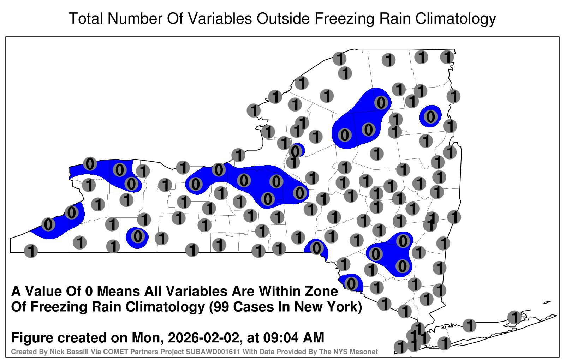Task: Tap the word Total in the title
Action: click(86, 19)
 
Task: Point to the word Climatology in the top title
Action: click(456, 19)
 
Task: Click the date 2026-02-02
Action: click(203, 337)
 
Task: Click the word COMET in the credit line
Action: click(97, 352)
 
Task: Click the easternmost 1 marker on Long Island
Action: click(514, 317)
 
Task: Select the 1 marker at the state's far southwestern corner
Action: click(31, 251)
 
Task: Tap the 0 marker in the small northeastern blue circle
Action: click(430, 117)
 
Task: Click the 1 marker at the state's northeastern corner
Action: click(447, 57)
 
